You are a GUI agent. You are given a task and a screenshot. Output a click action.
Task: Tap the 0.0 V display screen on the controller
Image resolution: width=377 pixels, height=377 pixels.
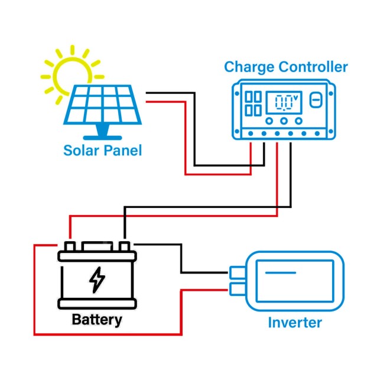[284, 103]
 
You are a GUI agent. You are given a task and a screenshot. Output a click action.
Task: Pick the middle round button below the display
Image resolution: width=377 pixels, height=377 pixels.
[284, 122]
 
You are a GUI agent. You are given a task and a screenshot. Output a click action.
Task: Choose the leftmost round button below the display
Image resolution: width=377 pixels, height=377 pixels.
[269, 122]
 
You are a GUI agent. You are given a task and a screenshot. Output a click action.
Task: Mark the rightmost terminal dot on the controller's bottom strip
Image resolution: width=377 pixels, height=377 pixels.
[318, 134]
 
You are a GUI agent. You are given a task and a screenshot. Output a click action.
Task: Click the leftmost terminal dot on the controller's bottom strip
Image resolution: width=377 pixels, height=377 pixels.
[250, 134]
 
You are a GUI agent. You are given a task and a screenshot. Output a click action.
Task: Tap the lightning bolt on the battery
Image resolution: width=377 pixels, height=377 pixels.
[96, 280]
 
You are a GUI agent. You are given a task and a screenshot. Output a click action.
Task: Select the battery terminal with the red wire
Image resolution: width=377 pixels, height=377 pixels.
[70, 246]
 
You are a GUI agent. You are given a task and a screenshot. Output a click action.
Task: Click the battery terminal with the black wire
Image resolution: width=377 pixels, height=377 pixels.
[124, 246]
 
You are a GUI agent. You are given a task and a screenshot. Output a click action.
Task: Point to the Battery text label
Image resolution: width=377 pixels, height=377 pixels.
[96, 320]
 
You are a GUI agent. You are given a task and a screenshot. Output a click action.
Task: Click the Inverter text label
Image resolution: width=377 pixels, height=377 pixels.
[295, 323]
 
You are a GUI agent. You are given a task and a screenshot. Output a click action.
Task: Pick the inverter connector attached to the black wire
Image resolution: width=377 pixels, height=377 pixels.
[237, 272]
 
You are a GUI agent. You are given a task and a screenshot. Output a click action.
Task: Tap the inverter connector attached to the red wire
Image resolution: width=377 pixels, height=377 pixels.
[237, 289]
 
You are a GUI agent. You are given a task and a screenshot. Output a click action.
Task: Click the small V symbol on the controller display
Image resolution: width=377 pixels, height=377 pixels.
[295, 96]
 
